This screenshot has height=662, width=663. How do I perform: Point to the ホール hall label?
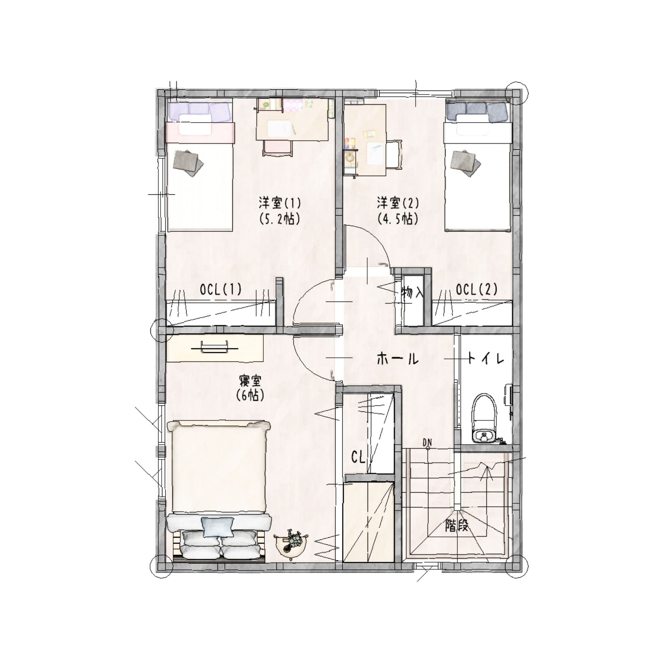(x=397, y=359)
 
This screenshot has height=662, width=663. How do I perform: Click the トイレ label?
(x=486, y=359)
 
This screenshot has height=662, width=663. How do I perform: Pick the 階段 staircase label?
(x=456, y=526)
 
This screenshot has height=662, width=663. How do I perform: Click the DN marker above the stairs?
(x=427, y=442)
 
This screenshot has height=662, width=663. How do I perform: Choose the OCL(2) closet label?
(x=476, y=289)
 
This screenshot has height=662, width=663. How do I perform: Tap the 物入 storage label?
(x=413, y=293)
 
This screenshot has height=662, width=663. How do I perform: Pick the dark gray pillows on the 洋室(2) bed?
(x=476, y=111)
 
